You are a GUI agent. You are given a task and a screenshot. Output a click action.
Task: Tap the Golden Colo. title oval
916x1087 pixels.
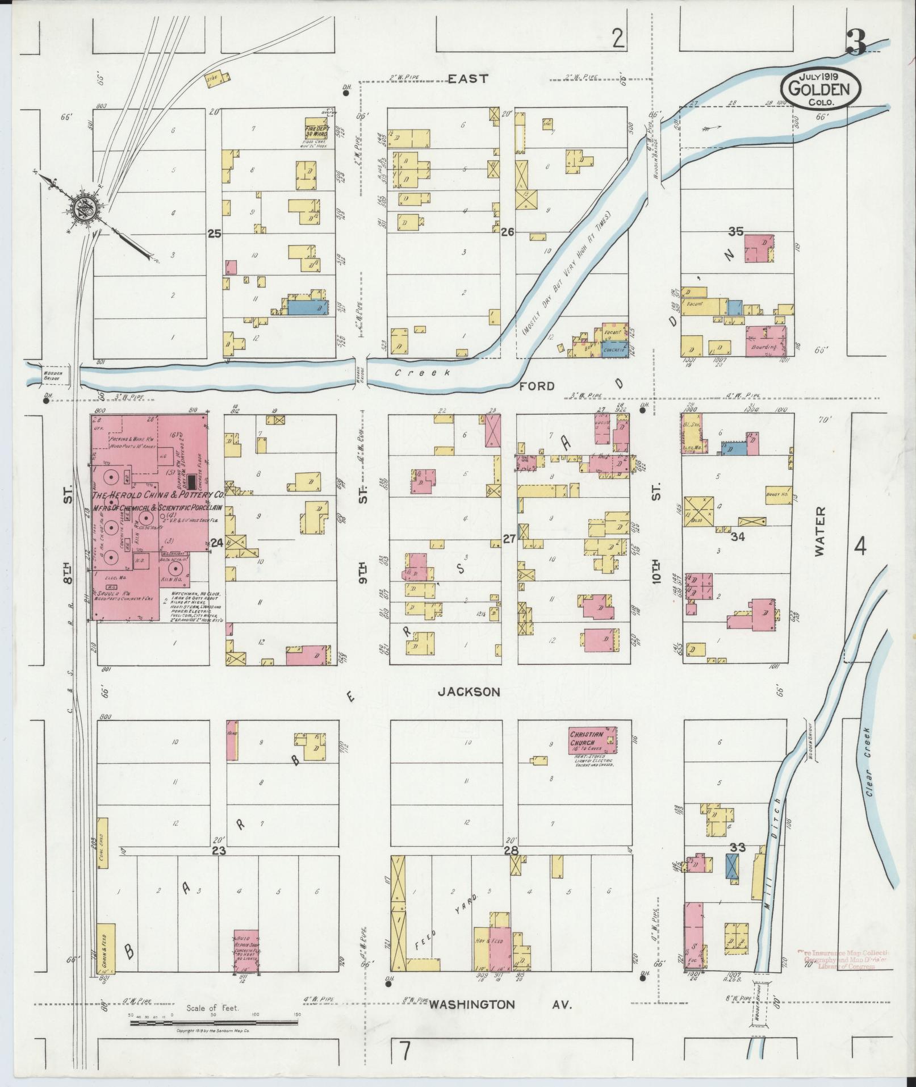(820, 88)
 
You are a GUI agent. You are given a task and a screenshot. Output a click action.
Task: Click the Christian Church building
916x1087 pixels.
(593, 740)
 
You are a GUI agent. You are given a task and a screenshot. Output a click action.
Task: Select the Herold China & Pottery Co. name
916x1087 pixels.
(157, 495)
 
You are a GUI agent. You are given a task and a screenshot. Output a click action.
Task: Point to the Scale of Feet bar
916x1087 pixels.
(214, 625)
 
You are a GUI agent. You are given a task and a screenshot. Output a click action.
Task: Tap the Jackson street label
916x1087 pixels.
(469, 692)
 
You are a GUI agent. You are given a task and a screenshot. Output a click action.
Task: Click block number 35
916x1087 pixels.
(736, 231)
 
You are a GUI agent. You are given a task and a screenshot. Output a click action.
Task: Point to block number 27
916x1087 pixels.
(509, 539)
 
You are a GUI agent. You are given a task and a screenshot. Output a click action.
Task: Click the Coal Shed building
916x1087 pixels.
(103, 845)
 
